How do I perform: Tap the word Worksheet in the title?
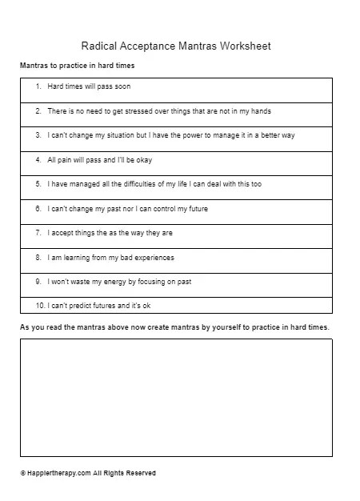pyautogui.click(x=248, y=46)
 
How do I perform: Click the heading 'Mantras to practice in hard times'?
pyautogui.click(x=78, y=65)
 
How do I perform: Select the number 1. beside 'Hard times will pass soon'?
pyautogui.click(x=38, y=86)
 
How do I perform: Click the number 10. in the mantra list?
pyautogui.click(x=38, y=307)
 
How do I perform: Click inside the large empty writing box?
pyautogui.click(x=176, y=397)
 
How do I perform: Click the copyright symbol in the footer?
pyautogui.click(x=23, y=473)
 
